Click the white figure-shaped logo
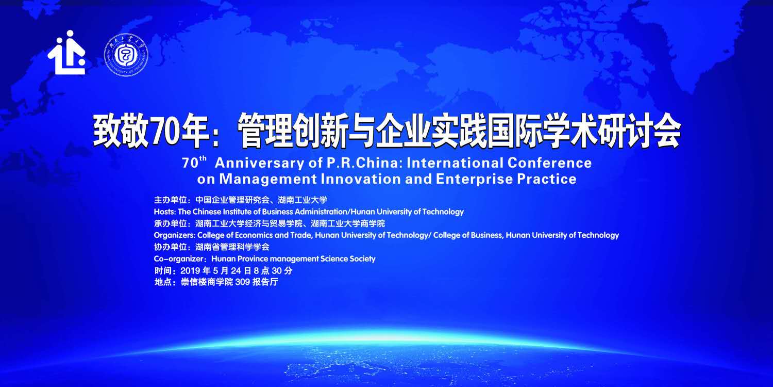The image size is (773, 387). [x=66, y=53]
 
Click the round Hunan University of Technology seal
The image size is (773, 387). [x=126, y=55]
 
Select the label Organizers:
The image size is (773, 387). [x=175, y=235]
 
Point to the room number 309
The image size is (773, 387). [x=242, y=282]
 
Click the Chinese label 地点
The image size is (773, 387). [x=163, y=282]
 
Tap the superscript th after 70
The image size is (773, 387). [x=203, y=158]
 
